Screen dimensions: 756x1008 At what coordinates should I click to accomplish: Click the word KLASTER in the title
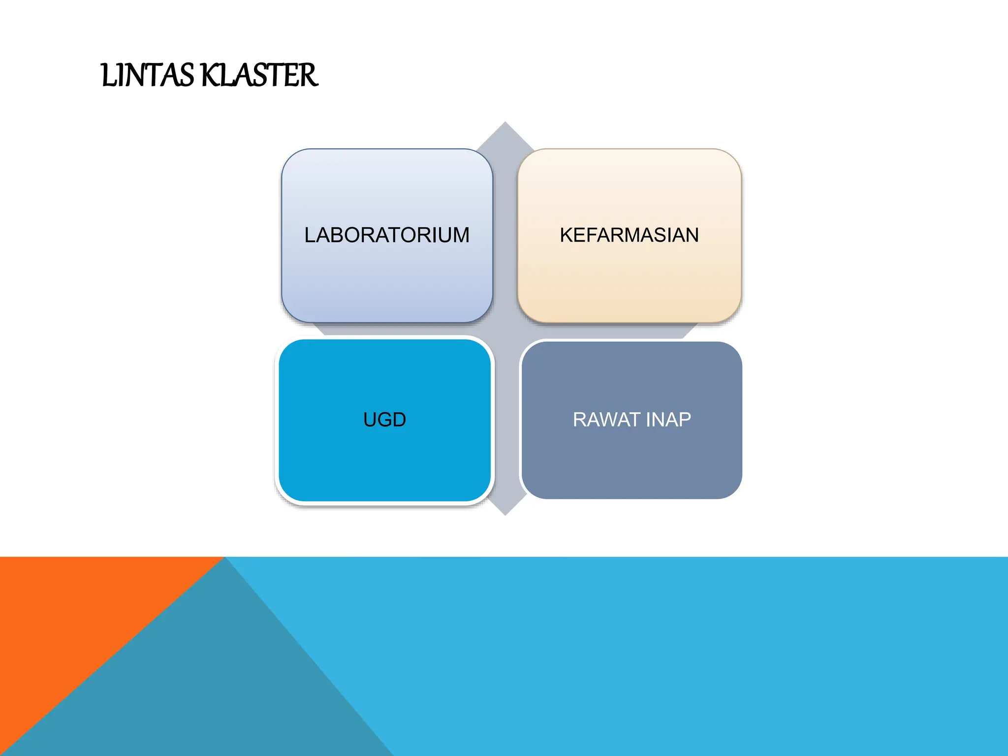point(259,76)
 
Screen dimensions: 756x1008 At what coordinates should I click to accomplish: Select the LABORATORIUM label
point(387,235)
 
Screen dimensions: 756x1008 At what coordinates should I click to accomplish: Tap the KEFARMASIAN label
point(629,235)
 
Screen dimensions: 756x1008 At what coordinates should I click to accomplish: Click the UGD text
point(384,420)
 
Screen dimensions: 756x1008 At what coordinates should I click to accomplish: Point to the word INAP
point(668,420)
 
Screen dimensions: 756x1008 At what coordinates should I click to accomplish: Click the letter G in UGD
point(385,420)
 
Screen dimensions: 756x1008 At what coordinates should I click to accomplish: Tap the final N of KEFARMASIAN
point(692,235)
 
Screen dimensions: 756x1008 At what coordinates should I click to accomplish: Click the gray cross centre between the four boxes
point(505,331)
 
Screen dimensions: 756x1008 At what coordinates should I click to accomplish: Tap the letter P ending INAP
point(685,420)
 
